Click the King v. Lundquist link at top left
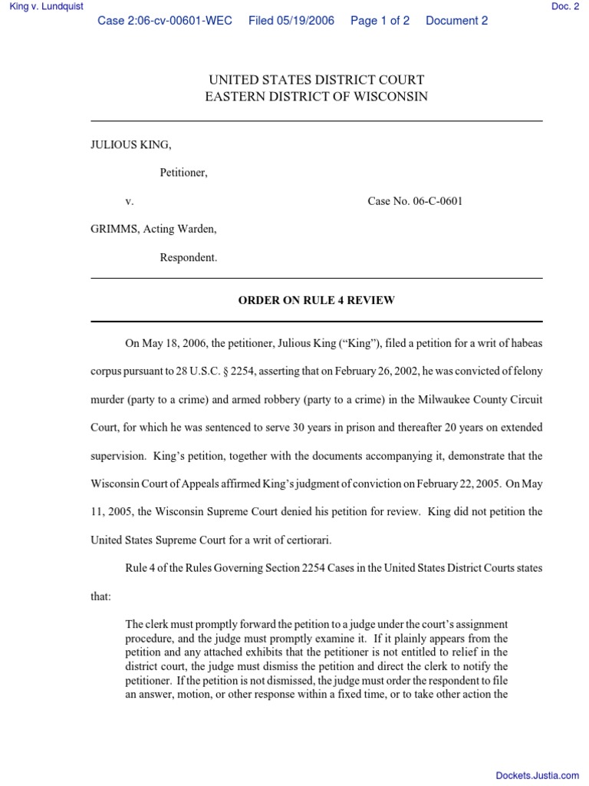[46, 7]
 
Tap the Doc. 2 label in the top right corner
[565, 7]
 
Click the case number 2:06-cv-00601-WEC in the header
[165, 21]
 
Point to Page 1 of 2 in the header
[380, 21]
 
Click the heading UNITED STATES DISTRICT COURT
[317, 80]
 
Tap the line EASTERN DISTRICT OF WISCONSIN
[317, 97]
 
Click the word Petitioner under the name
[184, 173]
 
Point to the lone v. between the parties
[130, 201]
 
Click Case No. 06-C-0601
[415, 201]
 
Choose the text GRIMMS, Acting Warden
[153, 230]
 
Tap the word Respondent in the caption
[189, 258]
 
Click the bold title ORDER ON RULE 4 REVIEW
[317, 300]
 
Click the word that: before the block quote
[101, 596]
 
